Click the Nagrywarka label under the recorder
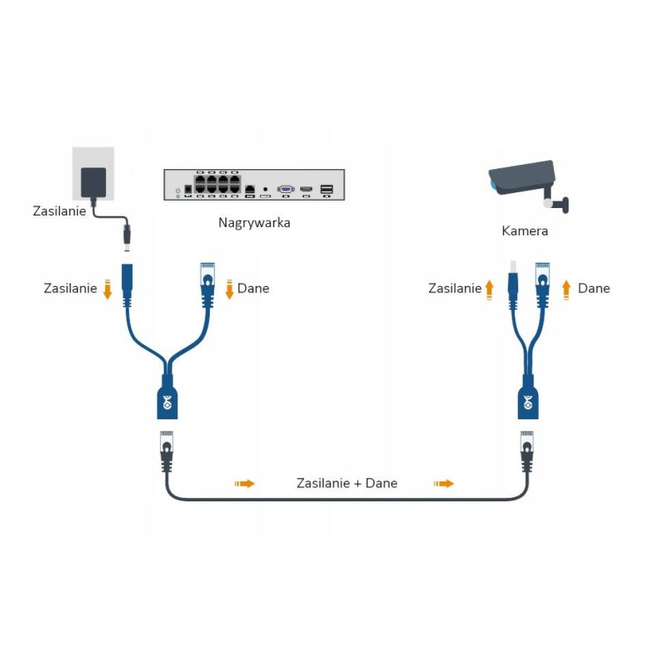click(x=254, y=222)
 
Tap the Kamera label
click(x=525, y=230)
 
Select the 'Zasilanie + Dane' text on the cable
click(x=346, y=482)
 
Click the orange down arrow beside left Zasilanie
click(x=107, y=289)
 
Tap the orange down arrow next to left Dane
click(x=230, y=289)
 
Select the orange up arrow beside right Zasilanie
click(x=490, y=288)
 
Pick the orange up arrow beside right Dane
click(x=567, y=288)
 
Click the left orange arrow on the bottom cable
click(x=245, y=482)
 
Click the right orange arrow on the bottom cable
click(x=445, y=482)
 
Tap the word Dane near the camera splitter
click(x=593, y=288)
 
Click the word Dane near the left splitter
click(x=253, y=288)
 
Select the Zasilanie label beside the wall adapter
click(x=59, y=211)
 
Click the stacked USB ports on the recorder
click(x=327, y=190)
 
